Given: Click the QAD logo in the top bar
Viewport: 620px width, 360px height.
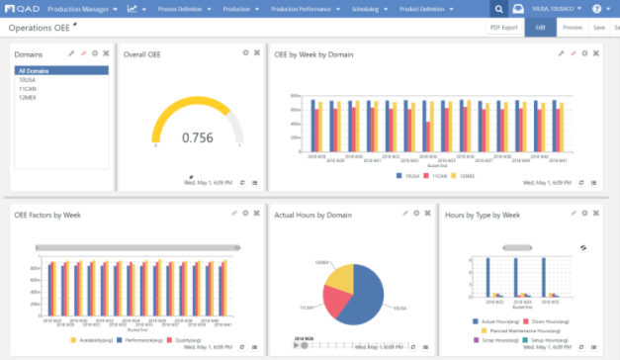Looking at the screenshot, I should [21, 9].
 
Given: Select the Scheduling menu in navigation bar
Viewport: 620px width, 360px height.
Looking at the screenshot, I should [375, 9].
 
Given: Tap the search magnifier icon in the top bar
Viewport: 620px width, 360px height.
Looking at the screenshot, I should [499, 9].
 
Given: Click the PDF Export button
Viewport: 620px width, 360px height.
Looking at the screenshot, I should [503, 28].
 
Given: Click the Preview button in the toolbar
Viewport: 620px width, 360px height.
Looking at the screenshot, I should [573, 28].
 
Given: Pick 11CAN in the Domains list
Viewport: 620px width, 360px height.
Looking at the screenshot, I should [29, 89].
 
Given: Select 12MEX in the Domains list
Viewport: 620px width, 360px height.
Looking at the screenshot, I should [29, 98].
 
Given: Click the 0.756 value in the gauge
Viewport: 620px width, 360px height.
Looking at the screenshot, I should [198, 137].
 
